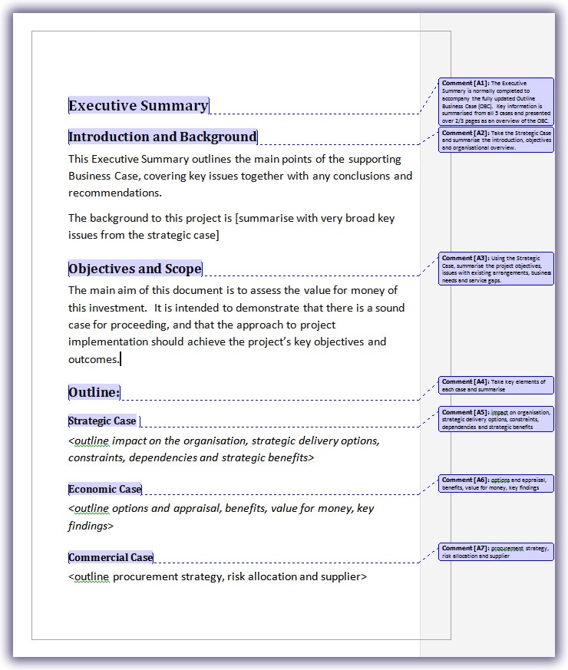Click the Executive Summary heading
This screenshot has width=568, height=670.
click(x=138, y=106)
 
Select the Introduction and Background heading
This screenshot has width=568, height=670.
click(x=163, y=137)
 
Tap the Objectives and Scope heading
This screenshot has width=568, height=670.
click(x=135, y=269)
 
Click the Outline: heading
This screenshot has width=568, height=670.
click(x=94, y=393)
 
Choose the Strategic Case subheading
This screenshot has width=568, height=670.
click(x=102, y=421)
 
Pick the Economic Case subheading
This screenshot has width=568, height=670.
click(x=105, y=489)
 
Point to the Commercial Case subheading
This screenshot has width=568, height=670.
click(x=111, y=557)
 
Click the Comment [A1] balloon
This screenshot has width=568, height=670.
click(x=496, y=101)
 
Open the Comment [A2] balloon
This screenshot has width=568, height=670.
click(x=496, y=140)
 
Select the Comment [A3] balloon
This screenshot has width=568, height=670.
click(x=496, y=269)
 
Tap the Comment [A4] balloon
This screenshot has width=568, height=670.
click(x=496, y=385)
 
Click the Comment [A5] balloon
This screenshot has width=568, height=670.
click(x=496, y=419)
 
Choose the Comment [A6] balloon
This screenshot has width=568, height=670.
click(x=496, y=484)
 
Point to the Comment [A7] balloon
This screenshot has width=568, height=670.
click(x=496, y=552)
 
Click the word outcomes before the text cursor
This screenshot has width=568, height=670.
click(x=93, y=358)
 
